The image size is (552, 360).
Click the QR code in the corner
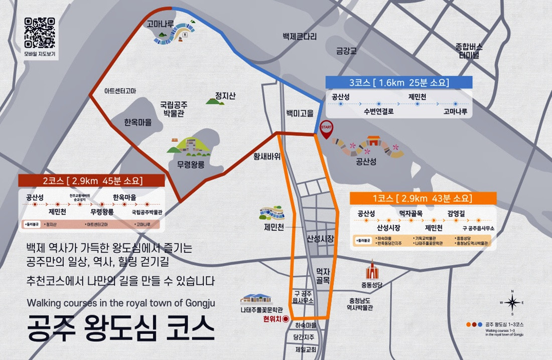(40, 33)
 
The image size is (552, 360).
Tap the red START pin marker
(326, 130)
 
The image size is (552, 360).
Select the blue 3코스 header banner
(399, 82)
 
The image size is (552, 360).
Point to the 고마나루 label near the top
(160, 24)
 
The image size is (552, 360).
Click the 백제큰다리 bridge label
(300, 37)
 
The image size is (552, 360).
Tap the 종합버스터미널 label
(469, 51)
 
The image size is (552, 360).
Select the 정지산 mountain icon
(215, 101)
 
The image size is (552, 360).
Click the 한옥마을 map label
(137, 122)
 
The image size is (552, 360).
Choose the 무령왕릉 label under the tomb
(191, 164)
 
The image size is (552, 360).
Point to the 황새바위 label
(266, 156)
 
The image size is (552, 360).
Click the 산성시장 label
(320, 239)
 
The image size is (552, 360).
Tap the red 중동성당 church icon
(372, 271)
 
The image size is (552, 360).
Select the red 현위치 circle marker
(286, 318)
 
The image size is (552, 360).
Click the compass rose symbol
(512, 302)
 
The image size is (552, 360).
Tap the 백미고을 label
(300, 113)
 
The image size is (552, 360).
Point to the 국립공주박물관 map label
(174, 109)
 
